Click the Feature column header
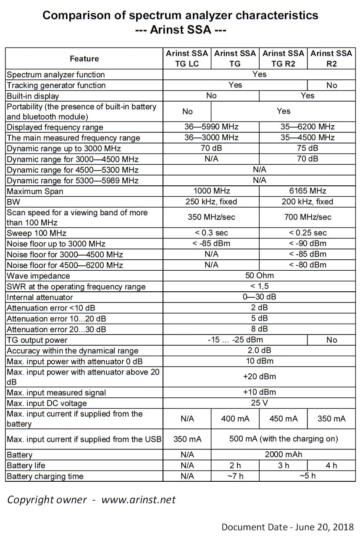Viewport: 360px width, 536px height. click(x=84, y=58)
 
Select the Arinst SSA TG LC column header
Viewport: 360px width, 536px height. click(x=187, y=58)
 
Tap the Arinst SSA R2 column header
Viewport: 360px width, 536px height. click(x=331, y=58)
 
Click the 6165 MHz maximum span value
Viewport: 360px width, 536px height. click(x=307, y=191)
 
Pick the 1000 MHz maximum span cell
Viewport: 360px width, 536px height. click(x=211, y=191)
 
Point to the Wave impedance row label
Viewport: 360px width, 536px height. click(x=39, y=276)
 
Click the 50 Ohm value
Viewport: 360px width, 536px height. click(x=259, y=275)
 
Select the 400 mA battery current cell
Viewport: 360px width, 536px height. click(x=235, y=418)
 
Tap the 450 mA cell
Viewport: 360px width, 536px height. click(x=283, y=418)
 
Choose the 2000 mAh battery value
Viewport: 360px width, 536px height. click(x=283, y=454)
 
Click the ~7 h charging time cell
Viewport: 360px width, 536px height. click(x=235, y=476)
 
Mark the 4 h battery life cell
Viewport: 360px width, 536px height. click(x=331, y=465)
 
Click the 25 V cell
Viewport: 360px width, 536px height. click(x=259, y=403)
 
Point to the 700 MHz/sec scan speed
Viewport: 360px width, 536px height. click(x=307, y=217)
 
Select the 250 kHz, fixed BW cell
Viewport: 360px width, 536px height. click(x=211, y=201)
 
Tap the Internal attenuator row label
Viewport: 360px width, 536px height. click(x=40, y=297)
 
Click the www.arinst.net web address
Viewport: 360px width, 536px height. click(x=138, y=499)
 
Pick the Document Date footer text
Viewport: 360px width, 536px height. click(x=287, y=527)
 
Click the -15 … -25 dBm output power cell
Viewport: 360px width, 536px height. click(x=235, y=340)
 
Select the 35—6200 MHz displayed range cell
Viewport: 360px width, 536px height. click(x=307, y=127)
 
